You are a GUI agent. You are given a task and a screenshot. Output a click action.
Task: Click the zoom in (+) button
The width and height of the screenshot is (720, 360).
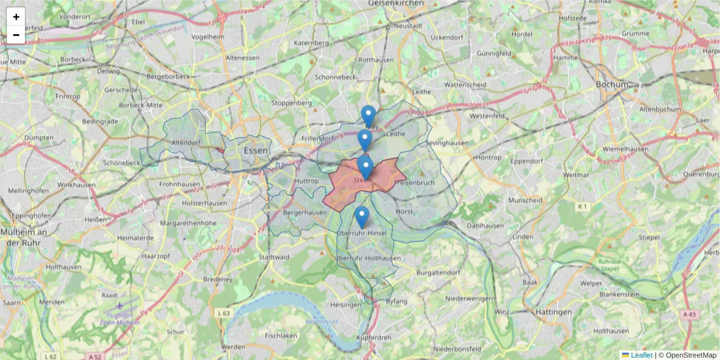(x=16, y=17)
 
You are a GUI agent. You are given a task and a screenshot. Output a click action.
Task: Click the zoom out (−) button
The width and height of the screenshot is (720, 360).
(x=16, y=35)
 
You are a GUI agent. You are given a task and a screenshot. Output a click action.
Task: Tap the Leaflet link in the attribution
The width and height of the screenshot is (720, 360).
(x=641, y=355)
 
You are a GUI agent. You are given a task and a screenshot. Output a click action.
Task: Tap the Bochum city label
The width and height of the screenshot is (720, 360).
(x=611, y=85)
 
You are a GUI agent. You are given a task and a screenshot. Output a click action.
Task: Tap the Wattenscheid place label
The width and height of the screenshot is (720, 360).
(x=465, y=85)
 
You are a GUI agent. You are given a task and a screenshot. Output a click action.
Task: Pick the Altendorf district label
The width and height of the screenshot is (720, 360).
(x=185, y=143)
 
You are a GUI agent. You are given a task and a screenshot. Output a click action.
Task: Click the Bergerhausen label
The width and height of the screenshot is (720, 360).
(x=305, y=212)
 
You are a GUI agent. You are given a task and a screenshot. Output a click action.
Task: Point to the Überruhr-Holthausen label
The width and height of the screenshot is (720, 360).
(x=367, y=259)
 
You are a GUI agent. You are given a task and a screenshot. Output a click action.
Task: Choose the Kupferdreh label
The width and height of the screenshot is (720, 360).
(x=374, y=338)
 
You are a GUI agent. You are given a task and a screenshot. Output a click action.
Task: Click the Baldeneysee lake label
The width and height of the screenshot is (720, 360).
(x=328, y=322)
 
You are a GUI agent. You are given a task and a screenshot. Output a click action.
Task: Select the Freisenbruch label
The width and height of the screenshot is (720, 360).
(x=414, y=182)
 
